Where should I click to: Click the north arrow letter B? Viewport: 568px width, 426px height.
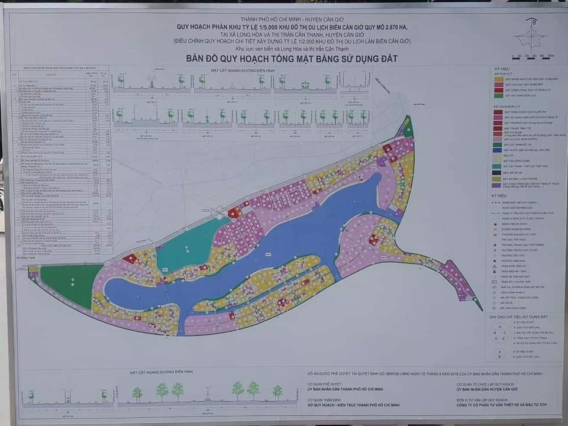point(534,22)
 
